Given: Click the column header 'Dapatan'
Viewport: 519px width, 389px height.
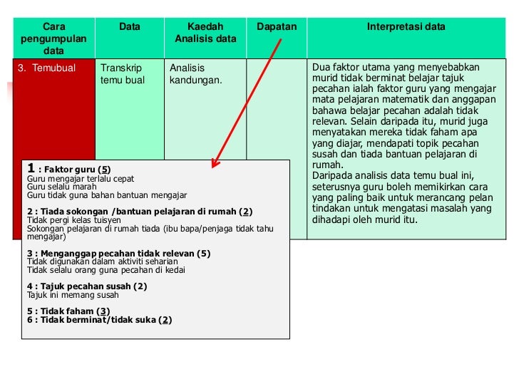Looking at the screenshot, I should [x=277, y=27].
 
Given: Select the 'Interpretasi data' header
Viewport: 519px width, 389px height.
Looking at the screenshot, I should [x=406, y=27].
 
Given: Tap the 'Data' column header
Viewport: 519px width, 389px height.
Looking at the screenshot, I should [x=130, y=27].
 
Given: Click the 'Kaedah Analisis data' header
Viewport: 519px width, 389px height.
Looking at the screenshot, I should [x=205, y=33].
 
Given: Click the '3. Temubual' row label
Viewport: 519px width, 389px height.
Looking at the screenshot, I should [x=46, y=68].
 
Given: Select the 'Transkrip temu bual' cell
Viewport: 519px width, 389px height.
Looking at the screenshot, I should [x=123, y=74].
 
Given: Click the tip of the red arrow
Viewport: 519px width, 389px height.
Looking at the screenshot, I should [x=212, y=169].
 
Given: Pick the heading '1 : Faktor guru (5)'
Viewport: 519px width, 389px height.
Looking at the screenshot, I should [x=68, y=170].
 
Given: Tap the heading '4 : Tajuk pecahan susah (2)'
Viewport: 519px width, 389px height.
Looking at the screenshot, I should [x=87, y=286].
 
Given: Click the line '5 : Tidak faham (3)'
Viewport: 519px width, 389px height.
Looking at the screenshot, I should [x=68, y=311].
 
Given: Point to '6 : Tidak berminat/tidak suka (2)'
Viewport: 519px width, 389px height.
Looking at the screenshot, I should [x=100, y=320].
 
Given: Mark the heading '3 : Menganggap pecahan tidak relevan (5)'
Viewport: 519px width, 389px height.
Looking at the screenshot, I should [x=118, y=254].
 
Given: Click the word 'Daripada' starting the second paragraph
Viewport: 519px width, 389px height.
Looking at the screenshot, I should [x=331, y=176].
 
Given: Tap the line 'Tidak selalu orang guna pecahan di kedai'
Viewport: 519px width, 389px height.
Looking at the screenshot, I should [x=106, y=270].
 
